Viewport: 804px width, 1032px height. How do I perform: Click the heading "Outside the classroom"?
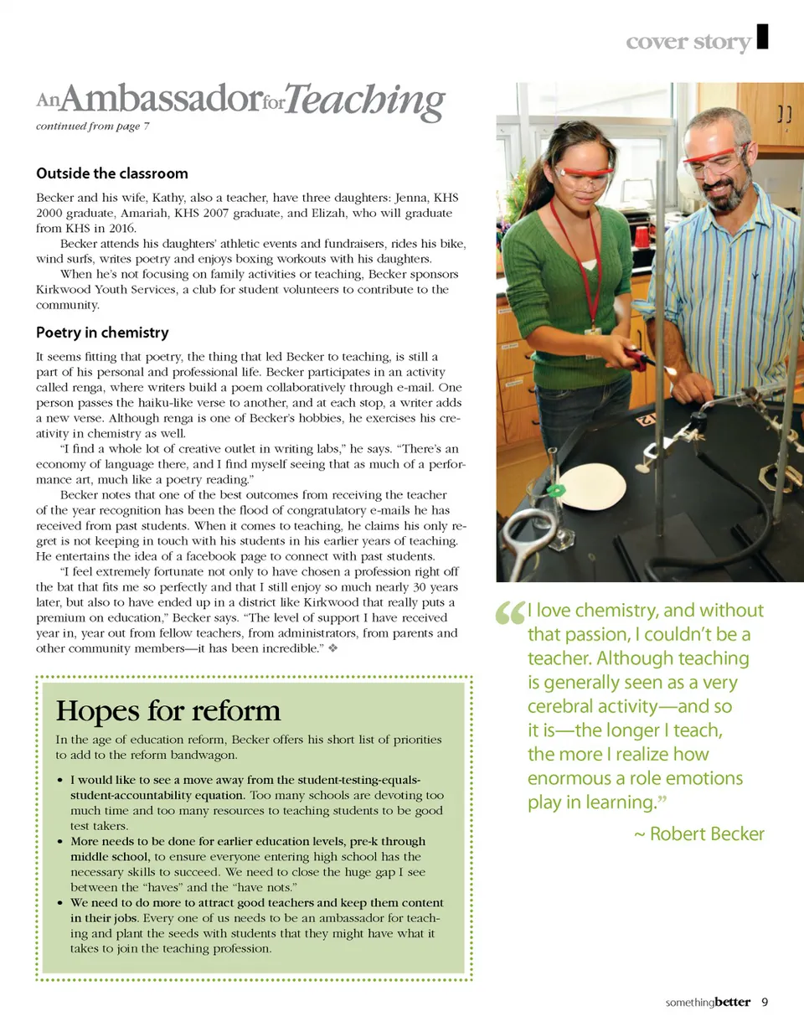[111, 173]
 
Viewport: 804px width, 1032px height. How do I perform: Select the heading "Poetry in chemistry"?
[102, 333]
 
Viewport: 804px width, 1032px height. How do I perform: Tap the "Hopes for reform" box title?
[167, 711]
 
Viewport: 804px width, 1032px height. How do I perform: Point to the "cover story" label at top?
[688, 43]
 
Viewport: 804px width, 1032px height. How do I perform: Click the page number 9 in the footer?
[765, 1002]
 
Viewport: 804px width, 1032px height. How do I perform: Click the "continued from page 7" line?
[92, 126]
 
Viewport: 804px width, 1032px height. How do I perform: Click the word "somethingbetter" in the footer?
[708, 1003]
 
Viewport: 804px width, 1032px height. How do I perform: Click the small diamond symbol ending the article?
[332, 649]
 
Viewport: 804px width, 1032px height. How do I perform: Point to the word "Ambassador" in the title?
[157, 101]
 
